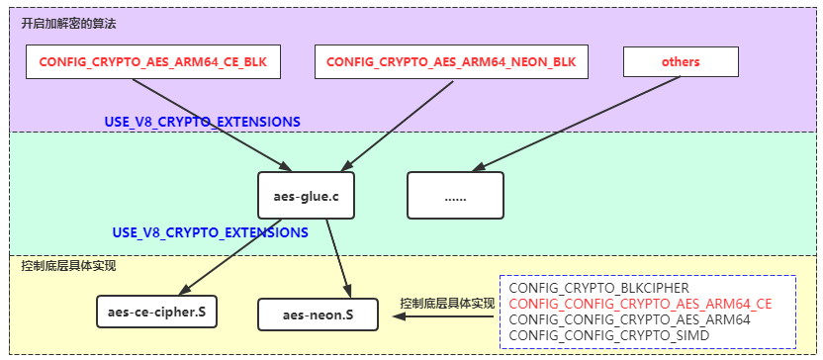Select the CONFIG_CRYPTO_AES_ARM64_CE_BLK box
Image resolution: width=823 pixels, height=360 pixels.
pyautogui.click(x=153, y=62)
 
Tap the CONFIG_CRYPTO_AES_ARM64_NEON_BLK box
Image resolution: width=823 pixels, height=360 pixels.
pyautogui.click(x=450, y=62)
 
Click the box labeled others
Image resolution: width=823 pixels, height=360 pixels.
pyautogui.click(x=681, y=62)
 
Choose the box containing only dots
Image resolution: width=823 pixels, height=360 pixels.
pyautogui.click(x=455, y=196)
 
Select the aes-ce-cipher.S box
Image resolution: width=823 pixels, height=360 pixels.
pyautogui.click(x=157, y=314)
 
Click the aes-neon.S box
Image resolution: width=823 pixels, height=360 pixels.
pyautogui.click(x=317, y=315)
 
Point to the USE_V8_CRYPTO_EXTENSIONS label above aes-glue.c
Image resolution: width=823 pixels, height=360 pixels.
pyautogui.click(x=203, y=122)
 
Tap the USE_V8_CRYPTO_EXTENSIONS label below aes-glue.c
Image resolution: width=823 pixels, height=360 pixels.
pyautogui.click(x=210, y=232)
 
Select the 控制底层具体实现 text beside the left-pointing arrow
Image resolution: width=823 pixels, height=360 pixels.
pyautogui.click(x=446, y=304)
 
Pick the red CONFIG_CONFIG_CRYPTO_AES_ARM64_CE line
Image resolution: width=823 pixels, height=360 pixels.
pyautogui.click(x=640, y=304)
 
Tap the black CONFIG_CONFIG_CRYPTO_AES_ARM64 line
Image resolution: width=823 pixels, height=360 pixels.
pyautogui.click(x=629, y=319)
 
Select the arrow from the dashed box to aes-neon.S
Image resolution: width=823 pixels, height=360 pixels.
pyautogui.click(x=415, y=316)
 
